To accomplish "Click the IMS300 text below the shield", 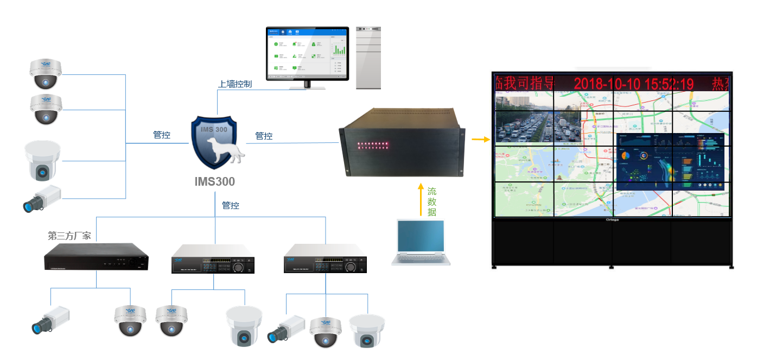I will tap(215, 181).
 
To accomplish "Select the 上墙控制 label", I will tap(235, 84).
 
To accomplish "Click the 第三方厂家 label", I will tap(69, 236).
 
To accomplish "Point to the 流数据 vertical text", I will tap(432, 201).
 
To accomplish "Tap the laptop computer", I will tap(421, 242).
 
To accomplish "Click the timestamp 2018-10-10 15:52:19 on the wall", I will tap(633, 84).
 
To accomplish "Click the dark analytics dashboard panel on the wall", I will tap(671, 161).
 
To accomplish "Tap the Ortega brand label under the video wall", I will tap(612, 220).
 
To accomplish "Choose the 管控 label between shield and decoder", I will tap(264, 136).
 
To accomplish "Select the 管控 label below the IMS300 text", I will tap(231, 205).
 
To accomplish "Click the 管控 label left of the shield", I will tap(162, 135).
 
